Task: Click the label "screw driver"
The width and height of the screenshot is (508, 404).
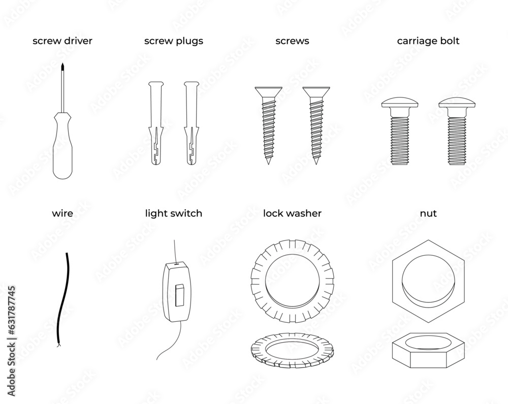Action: pyautogui.click(x=62, y=41)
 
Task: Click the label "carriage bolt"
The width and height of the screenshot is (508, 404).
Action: pyautogui.click(x=428, y=41)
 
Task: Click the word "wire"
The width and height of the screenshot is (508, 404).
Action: pyautogui.click(x=62, y=214)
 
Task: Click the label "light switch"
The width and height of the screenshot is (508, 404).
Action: pyautogui.click(x=173, y=214)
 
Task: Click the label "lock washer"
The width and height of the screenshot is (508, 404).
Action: pyautogui.click(x=292, y=214)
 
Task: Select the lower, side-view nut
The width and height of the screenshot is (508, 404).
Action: pyautogui.click(x=428, y=351)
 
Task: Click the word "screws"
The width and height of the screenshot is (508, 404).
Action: pyautogui.click(x=292, y=41)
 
